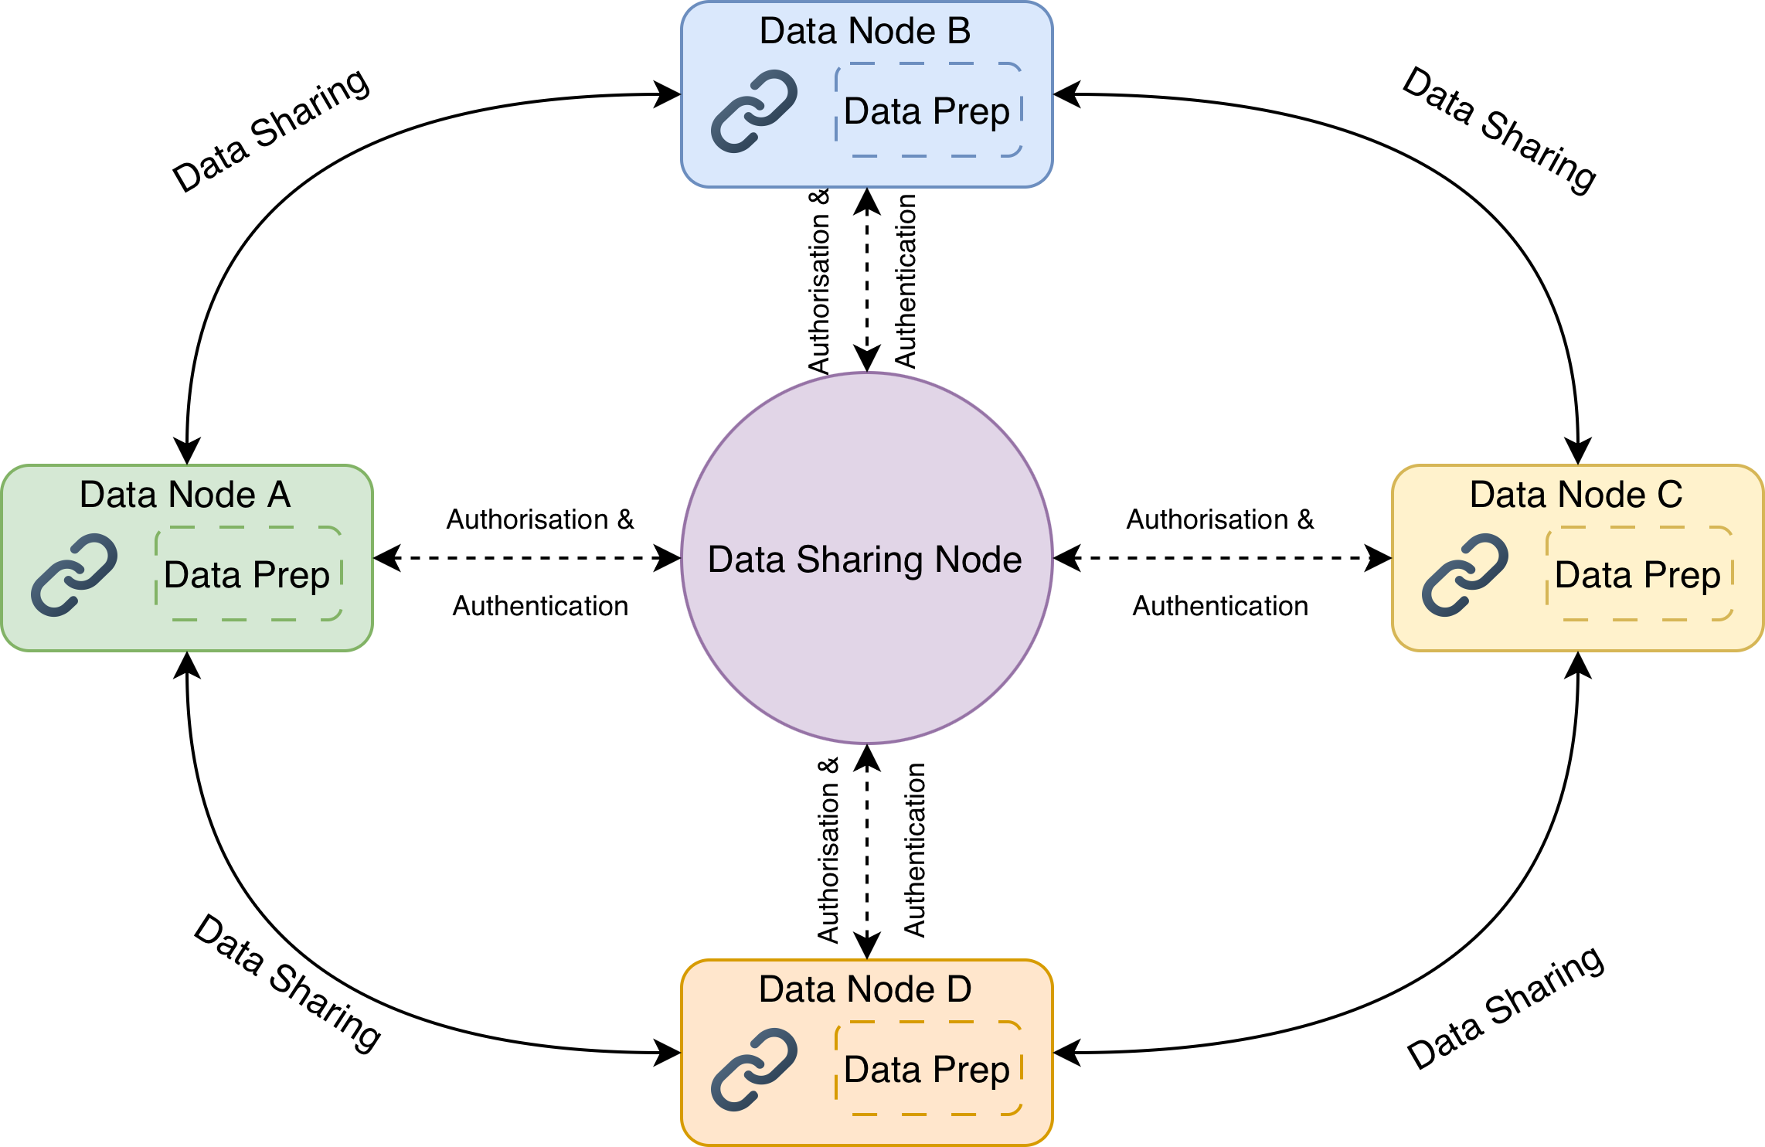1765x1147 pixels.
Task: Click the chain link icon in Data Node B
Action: coord(754,111)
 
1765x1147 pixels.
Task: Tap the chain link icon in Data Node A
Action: coord(74,575)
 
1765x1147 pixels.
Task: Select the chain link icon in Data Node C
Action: coord(1465,575)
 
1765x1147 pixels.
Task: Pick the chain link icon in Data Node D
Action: coord(754,1070)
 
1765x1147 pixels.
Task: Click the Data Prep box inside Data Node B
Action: coord(928,111)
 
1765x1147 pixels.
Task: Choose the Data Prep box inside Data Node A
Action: coord(248,574)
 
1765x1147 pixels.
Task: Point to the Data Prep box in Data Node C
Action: coord(1639,574)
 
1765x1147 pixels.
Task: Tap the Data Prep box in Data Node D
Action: coord(928,1069)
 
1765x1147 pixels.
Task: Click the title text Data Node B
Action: coord(865,32)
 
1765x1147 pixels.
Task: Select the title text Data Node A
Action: coord(185,495)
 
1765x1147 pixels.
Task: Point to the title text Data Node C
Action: coord(1576,495)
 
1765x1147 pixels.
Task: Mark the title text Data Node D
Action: coord(865,990)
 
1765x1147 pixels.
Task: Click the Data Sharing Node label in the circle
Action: coord(865,560)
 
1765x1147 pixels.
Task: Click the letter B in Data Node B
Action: coord(959,32)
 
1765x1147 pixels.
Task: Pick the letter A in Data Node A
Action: coord(279,495)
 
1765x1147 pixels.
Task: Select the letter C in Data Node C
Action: coord(1670,495)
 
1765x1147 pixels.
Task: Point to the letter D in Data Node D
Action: coord(959,990)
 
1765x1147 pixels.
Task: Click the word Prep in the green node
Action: coord(291,576)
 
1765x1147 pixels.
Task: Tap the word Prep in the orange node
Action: coord(971,1070)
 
